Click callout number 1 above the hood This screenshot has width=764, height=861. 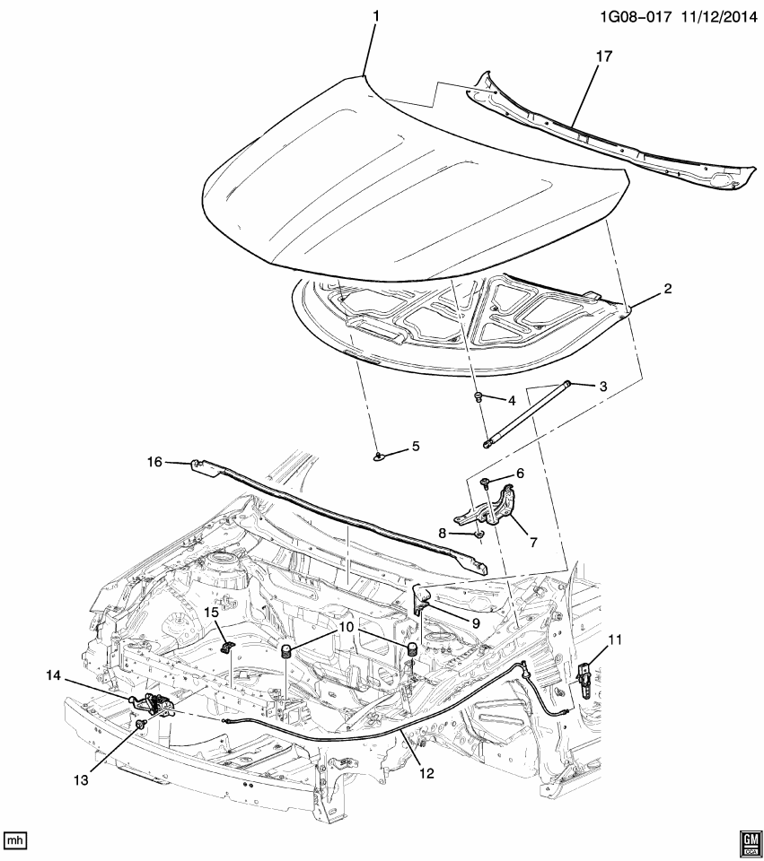click(376, 17)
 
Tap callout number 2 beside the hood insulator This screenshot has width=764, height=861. click(667, 289)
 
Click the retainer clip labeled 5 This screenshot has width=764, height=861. click(380, 456)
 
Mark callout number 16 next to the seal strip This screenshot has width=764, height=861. click(154, 462)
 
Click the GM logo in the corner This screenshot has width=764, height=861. click(749, 839)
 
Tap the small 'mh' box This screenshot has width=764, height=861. click(13, 840)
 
